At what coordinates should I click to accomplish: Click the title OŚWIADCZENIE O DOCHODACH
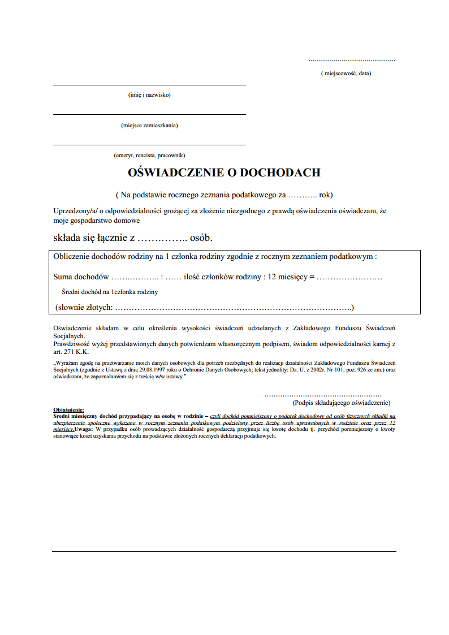tap(225, 172)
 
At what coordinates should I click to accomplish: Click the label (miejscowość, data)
tap(346, 73)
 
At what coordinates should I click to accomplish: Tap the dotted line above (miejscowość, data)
tap(352, 60)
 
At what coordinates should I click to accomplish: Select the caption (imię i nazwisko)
tap(149, 94)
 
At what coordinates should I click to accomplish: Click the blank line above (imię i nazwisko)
tap(149, 85)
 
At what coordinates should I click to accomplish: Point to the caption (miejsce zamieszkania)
tap(149, 125)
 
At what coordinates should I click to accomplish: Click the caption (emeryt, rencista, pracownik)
tap(149, 155)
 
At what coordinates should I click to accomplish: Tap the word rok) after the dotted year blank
tap(326, 195)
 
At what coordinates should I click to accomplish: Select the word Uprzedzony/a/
tap(75, 210)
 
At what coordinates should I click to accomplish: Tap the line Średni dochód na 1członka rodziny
tap(110, 292)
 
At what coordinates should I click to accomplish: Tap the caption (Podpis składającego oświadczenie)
tap(341, 403)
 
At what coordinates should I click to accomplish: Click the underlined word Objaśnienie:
tap(68, 409)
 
